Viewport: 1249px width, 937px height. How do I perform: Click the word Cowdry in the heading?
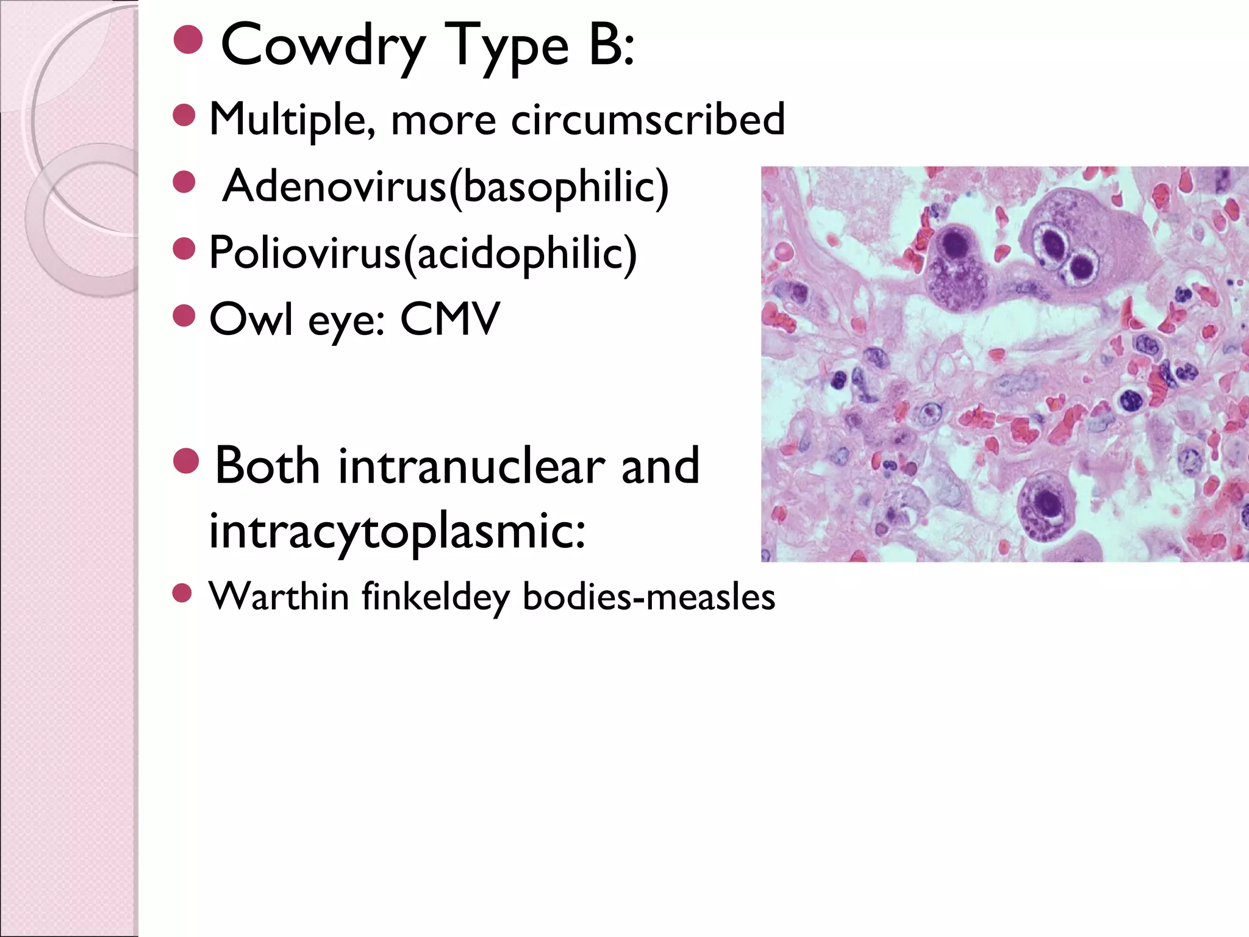click(323, 46)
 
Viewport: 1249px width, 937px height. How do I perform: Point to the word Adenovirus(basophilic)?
click(445, 186)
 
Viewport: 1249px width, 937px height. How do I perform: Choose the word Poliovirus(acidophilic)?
click(423, 253)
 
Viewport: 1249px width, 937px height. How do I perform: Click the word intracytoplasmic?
click(397, 530)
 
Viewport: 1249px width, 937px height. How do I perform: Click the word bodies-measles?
click(648, 597)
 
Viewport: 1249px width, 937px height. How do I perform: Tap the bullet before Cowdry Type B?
click(188, 40)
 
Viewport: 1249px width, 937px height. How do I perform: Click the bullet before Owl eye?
click(184, 315)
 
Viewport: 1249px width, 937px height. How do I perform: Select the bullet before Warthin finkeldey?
click(182, 593)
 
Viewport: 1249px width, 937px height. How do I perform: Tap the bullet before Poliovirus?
click(184, 248)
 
